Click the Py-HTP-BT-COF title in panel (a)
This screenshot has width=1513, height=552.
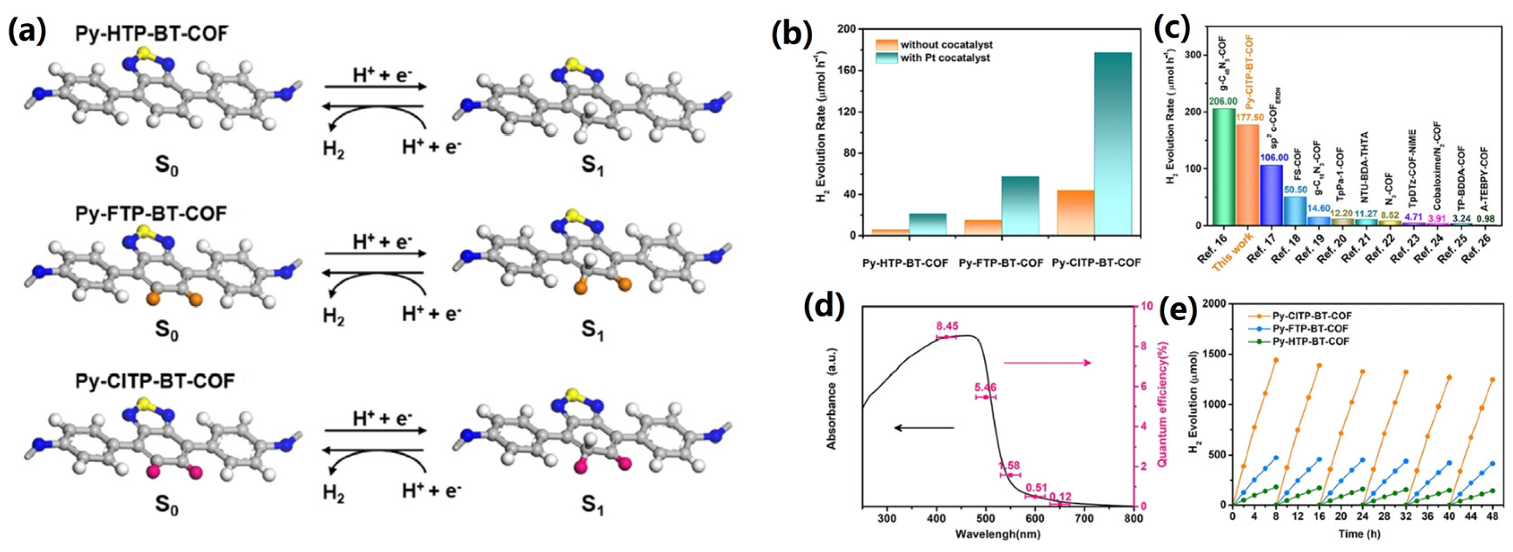pos(151,34)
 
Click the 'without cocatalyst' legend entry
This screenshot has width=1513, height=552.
pos(946,45)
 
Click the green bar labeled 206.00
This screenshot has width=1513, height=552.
pos(1224,176)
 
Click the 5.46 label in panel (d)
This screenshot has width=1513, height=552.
pos(986,388)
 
